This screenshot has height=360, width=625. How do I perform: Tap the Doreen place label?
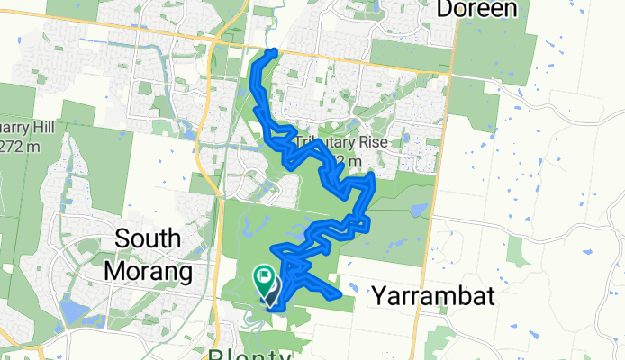tap(477, 10)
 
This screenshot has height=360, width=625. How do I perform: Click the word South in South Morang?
tap(149, 240)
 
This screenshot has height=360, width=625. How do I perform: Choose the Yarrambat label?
tap(433, 296)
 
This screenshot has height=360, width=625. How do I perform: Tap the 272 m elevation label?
tap(21, 147)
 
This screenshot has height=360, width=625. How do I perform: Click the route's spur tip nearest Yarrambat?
tap(337, 293)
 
